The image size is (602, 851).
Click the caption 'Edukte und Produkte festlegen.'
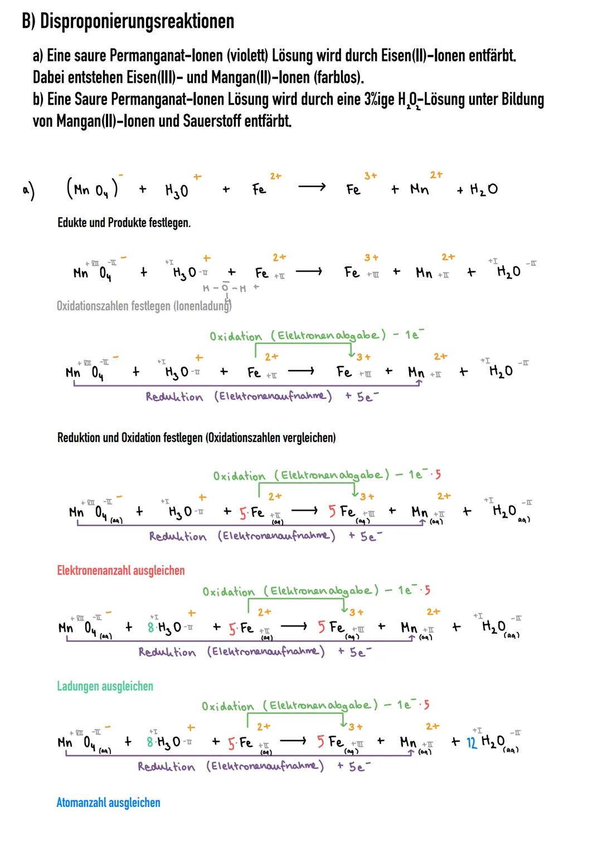124,223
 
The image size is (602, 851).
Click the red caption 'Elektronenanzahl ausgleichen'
120,571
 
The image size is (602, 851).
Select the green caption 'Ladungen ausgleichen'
105,686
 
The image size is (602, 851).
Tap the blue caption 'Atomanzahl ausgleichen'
108,803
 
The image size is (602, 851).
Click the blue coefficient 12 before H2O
472,742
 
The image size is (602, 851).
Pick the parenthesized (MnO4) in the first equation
92,190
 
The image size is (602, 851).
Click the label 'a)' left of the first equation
28,191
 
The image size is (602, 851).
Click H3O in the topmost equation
177,191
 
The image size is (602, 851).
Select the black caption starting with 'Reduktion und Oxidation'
196,437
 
